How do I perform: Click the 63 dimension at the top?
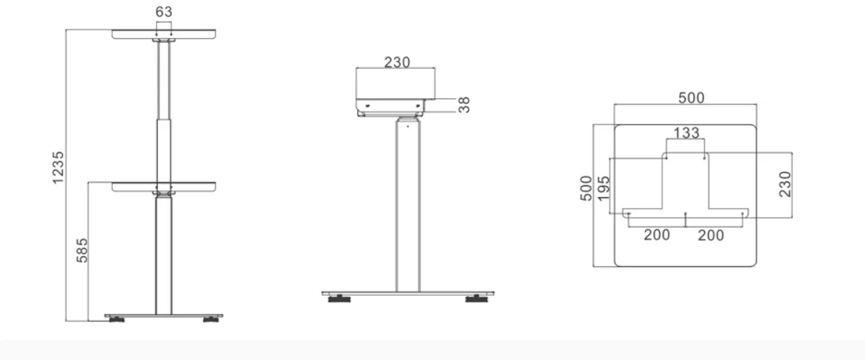pyautogui.click(x=165, y=13)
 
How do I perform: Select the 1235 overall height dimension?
pyautogui.click(x=58, y=169)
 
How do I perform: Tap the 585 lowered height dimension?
pyautogui.click(x=82, y=249)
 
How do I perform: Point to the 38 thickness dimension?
pyautogui.click(x=463, y=104)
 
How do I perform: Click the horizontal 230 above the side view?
pyautogui.click(x=397, y=62)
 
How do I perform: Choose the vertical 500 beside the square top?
pyautogui.click(x=585, y=189)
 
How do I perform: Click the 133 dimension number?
pyautogui.click(x=686, y=134)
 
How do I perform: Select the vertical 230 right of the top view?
pyautogui.click(x=785, y=184)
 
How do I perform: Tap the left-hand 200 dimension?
pyautogui.click(x=656, y=235)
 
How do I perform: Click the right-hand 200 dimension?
pyautogui.click(x=711, y=235)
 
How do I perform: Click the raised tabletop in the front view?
pyautogui.click(x=165, y=34)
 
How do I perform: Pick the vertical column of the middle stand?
pyautogui.click(x=407, y=207)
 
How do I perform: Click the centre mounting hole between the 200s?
pyautogui.click(x=686, y=215)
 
